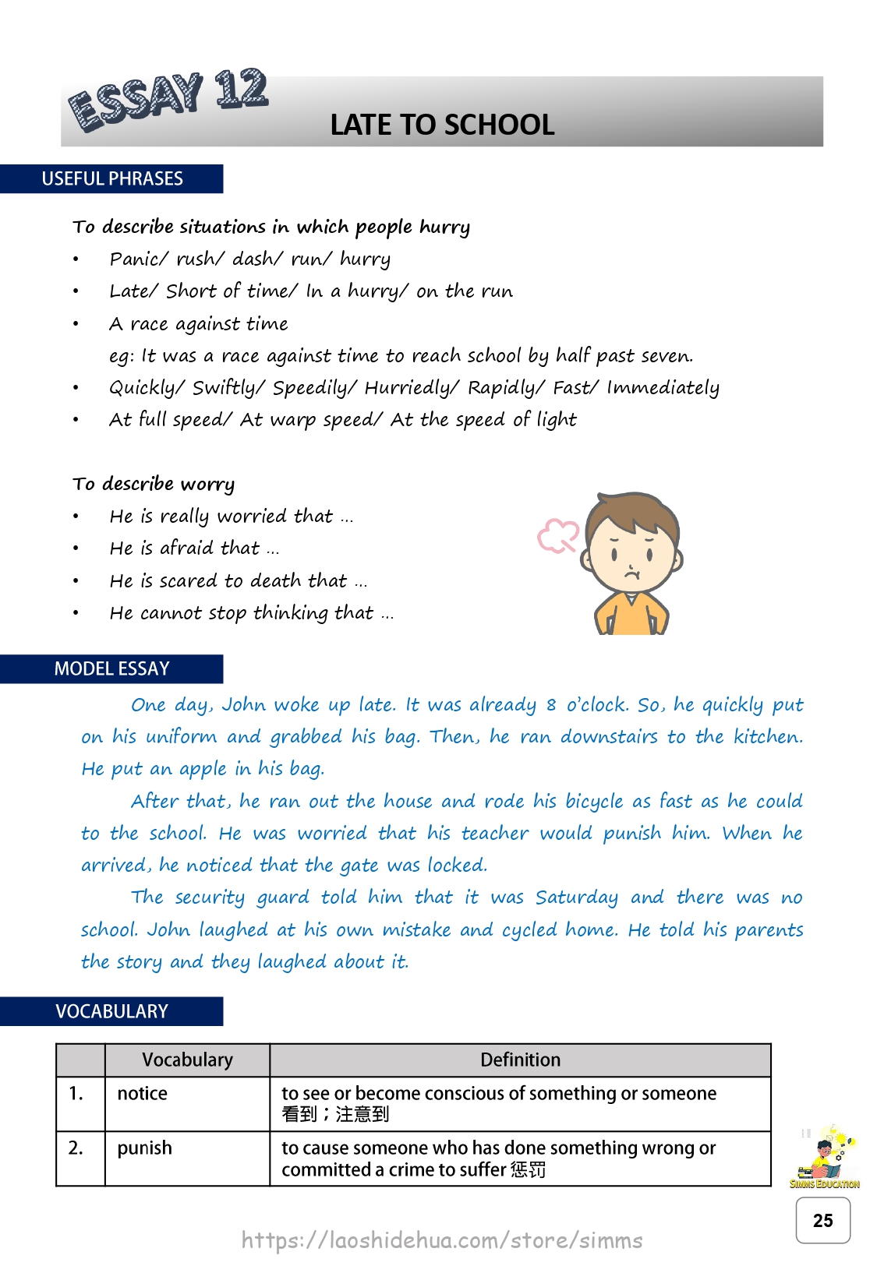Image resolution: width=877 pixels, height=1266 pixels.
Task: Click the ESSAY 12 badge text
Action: click(x=168, y=98)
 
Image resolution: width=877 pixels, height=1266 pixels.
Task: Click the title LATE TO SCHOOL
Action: click(x=442, y=125)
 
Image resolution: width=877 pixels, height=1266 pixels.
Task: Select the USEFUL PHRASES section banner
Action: click(x=112, y=178)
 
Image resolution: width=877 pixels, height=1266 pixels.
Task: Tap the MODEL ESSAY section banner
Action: click(x=111, y=668)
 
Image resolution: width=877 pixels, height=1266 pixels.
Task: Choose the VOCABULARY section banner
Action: click(x=111, y=1011)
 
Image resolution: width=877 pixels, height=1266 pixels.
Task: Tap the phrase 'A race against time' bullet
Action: click(x=199, y=323)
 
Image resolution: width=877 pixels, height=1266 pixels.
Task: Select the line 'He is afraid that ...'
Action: click(x=194, y=548)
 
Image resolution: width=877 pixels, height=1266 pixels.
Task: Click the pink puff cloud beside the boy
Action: click(x=557, y=536)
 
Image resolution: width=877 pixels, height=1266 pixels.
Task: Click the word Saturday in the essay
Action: click(x=576, y=897)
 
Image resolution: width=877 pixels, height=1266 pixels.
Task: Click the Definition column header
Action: click(x=520, y=1060)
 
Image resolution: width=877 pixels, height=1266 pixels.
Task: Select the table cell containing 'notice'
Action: click(x=187, y=1103)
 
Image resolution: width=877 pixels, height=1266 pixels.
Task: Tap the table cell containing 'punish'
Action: click(x=187, y=1158)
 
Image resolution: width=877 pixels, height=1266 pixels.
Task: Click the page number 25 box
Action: click(x=822, y=1220)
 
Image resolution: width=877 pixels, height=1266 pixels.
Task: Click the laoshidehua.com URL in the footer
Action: click(x=442, y=1240)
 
